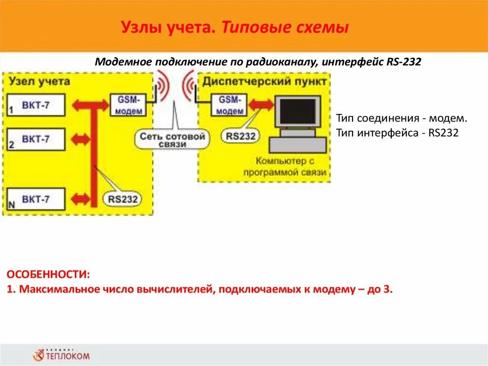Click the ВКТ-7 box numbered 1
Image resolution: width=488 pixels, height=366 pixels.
36,105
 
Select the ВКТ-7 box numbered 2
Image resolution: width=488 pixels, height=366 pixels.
36,139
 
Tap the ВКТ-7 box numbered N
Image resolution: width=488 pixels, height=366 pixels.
36,199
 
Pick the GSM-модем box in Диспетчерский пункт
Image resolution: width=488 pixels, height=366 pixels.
230,105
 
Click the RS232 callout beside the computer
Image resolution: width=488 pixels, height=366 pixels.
241,136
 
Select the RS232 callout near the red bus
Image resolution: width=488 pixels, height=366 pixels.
122,198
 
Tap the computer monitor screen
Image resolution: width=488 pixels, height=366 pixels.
298,112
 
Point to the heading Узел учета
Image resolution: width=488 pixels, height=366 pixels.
39,81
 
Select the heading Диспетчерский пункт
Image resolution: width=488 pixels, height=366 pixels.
264,81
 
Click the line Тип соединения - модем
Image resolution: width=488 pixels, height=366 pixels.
402,118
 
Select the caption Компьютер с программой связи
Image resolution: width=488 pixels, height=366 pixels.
285,167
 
